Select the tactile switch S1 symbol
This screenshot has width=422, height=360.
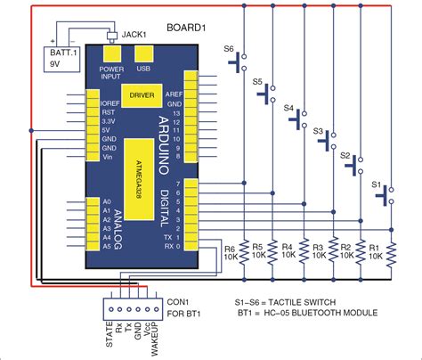(389, 195)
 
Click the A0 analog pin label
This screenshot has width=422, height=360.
(106, 202)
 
